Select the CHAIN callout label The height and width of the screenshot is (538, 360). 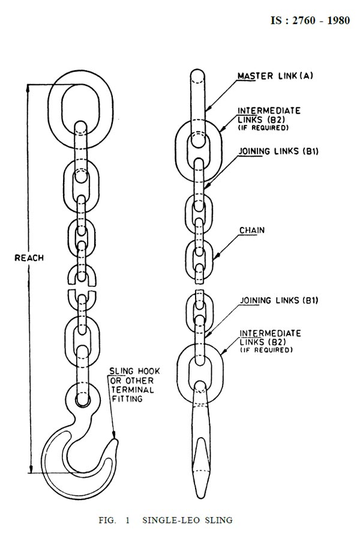[x=252, y=230]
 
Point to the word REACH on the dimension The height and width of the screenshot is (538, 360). [x=29, y=257]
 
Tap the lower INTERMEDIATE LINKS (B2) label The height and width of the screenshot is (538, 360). [x=269, y=337]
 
